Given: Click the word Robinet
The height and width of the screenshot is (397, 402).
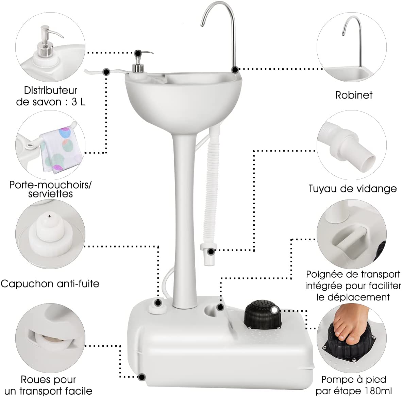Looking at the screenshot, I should click(x=353, y=95).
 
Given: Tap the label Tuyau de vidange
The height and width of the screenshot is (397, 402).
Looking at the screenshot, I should click(x=352, y=188).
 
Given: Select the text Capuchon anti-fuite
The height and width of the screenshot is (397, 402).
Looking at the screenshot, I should click(x=50, y=283).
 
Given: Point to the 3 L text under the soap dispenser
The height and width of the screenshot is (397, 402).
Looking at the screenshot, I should click(x=78, y=102).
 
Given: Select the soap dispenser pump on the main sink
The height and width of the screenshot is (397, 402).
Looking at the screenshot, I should click(x=138, y=63).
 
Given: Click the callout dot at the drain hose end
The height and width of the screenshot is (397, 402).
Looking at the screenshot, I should click(x=211, y=252).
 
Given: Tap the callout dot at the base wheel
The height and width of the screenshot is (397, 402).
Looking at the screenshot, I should click(x=142, y=377).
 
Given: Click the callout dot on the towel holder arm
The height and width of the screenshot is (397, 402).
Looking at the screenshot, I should click(x=106, y=72).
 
